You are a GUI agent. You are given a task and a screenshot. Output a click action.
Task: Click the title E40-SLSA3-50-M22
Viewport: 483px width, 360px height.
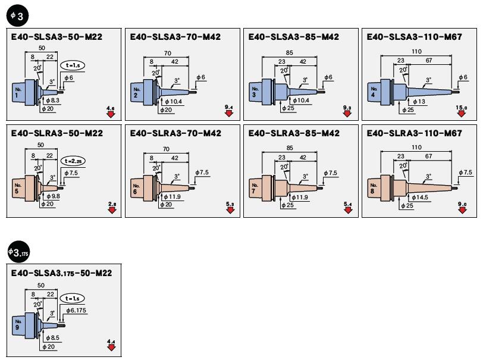57,37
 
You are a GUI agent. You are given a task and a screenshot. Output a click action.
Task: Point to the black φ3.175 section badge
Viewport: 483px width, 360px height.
18,252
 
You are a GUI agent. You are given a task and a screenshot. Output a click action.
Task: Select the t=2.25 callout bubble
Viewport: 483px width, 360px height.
74,161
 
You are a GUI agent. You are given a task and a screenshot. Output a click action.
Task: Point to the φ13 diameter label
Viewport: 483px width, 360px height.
419,101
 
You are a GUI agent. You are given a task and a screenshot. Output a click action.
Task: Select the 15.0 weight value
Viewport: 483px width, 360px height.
462,107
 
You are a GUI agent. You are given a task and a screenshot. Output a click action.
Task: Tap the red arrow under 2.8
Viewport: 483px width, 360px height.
111,210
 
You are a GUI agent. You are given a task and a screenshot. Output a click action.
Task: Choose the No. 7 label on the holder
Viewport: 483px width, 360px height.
255,189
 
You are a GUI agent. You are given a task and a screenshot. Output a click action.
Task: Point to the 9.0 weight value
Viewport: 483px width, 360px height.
462,204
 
